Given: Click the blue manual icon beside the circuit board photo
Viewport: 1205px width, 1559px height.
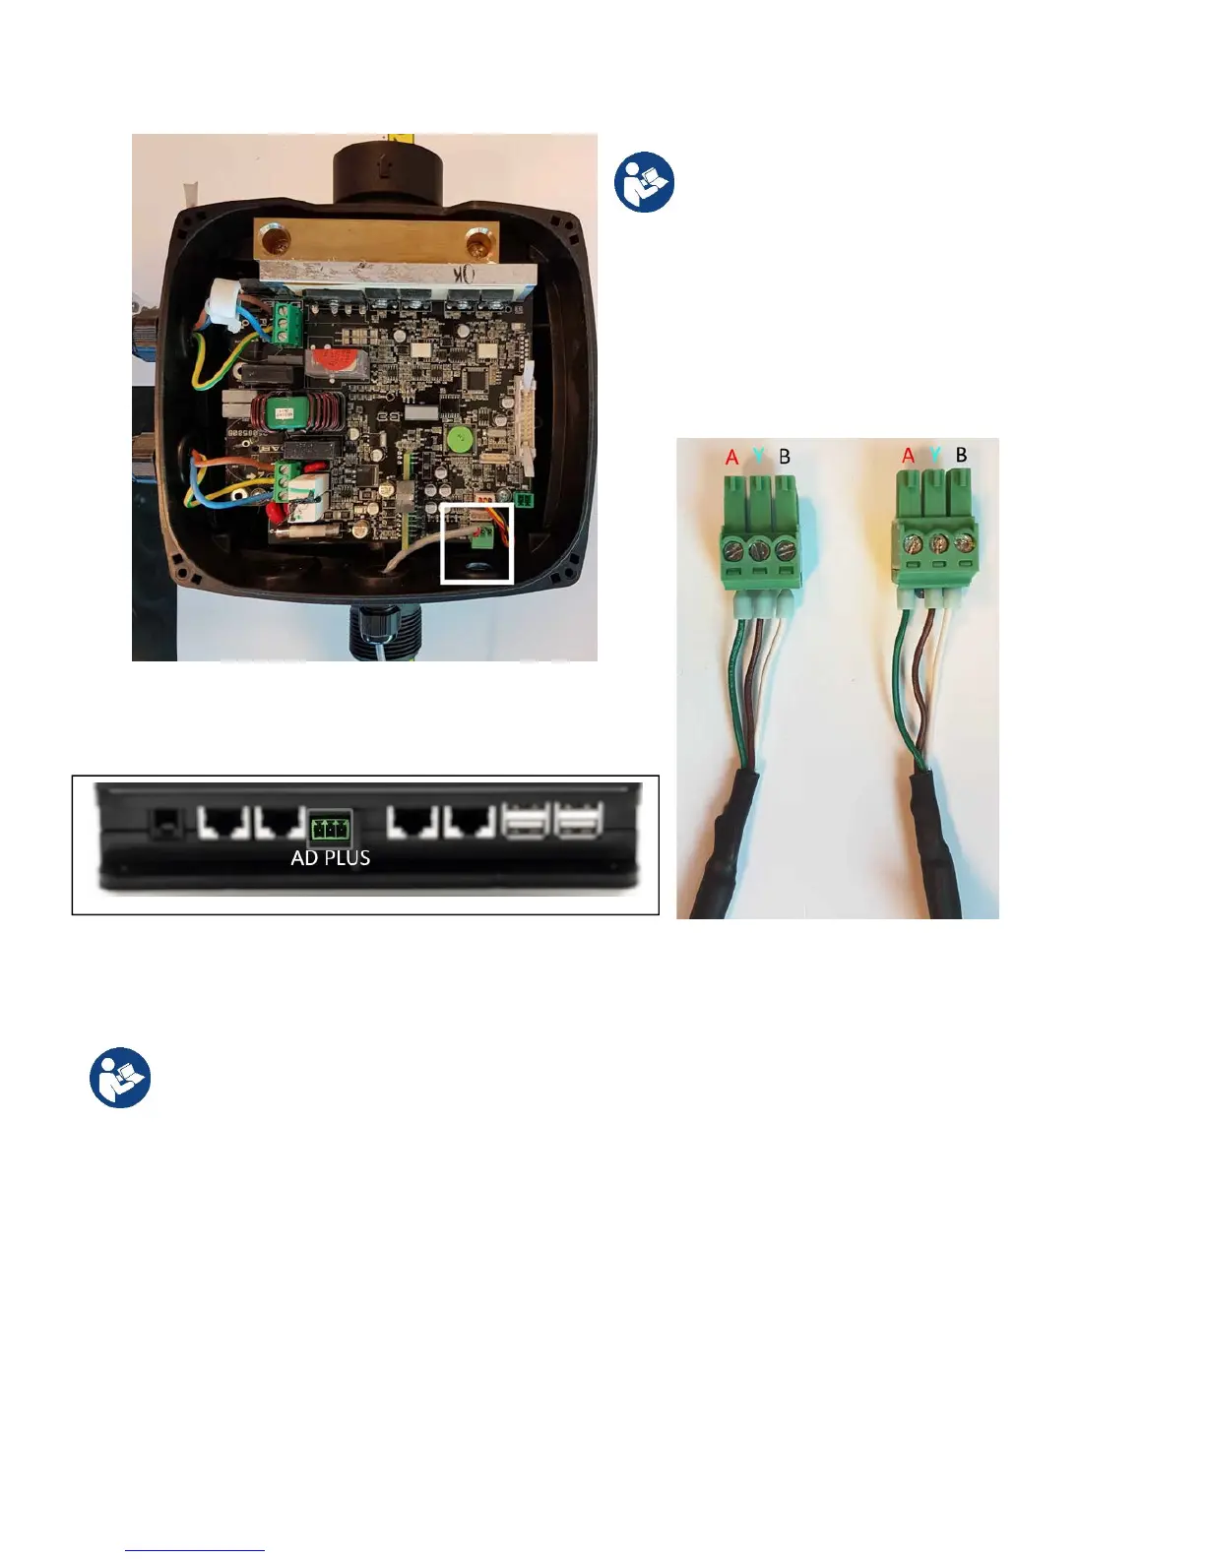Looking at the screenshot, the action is [x=645, y=183].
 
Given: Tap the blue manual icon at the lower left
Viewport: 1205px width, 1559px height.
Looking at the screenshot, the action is [x=120, y=1078].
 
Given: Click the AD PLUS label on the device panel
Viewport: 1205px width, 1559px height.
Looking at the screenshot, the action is [x=331, y=857].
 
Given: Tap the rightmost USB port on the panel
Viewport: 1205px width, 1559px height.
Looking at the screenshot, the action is [x=579, y=821].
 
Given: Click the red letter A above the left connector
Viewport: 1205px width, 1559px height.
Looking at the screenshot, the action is [x=731, y=458].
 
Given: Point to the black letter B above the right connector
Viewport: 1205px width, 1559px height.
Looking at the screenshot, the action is [x=962, y=455].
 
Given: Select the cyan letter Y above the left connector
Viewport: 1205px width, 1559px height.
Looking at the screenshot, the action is [x=758, y=456].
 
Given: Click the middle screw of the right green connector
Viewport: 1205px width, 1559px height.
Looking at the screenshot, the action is [x=941, y=542].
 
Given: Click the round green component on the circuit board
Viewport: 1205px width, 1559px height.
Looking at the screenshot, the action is [x=455, y=439].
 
